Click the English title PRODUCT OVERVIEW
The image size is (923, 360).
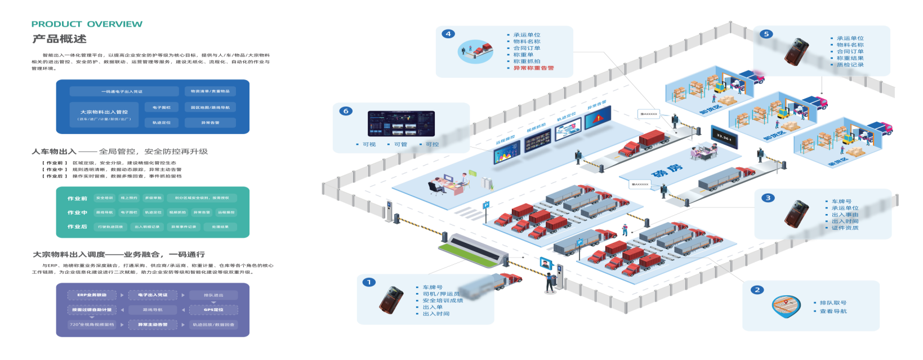pos(87,24)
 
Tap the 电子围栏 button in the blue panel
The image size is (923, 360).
pos(162,107)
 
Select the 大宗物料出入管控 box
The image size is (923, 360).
pos(104,114)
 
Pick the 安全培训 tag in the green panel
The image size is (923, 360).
pos(104,198)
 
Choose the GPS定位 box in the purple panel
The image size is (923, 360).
pos(213,310)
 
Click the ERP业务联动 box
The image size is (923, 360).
pos(92,295)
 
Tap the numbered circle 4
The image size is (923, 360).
pos(448,34)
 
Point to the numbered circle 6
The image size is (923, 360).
pos(346,111)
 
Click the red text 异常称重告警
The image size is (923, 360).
pos(533,68)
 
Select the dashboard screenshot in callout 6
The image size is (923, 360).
pos(401,123)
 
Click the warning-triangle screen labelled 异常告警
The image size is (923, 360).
pos(598,119)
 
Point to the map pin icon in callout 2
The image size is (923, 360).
pos(786,306)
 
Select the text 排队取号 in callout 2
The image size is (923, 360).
pos(833,303)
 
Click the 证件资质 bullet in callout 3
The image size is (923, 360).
pos(845,228)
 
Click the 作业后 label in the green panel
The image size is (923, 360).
pos(77,227)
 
